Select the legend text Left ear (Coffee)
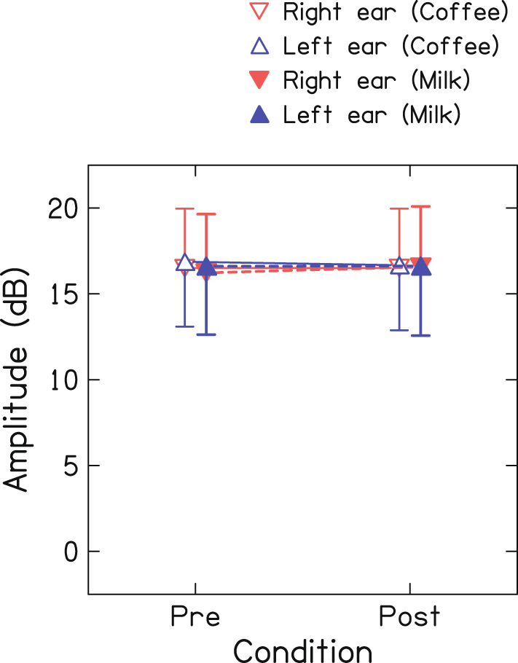(391, 47)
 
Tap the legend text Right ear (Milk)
(376, 81)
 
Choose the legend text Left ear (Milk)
(372, 114)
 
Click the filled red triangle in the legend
(259, 81)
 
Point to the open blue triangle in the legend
(259, 47)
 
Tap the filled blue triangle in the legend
(259, 114)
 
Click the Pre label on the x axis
(195, 616)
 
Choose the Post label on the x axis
(410, 616)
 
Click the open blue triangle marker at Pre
(185, 262)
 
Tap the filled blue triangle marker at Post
(420, 267)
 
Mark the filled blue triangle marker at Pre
(206, 267)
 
